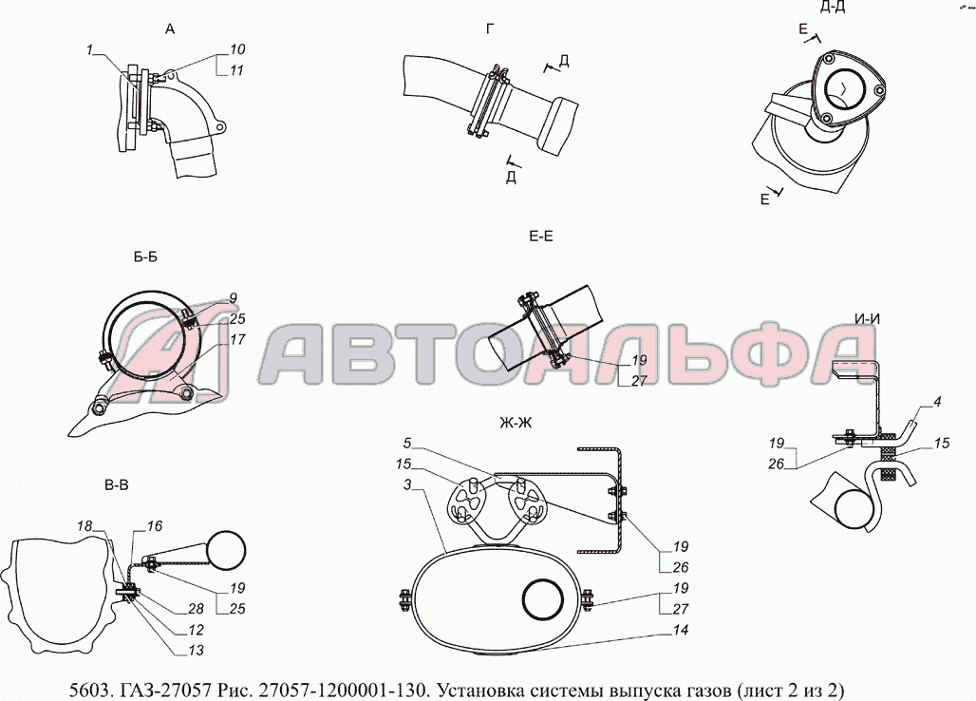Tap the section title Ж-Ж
click(x=515, y=424)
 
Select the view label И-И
click(x=868, y=319)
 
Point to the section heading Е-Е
click(x=540, y=236)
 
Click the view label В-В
click(x=116, y=485)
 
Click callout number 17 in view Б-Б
click(x=237, y=339)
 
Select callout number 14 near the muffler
click(x=681, y=630)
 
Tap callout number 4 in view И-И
click(x=937, y=402)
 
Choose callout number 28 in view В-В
click(x=197, y=608)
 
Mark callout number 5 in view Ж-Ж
click(x=407, y=444)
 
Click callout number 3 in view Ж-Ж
click(x=407, y=485)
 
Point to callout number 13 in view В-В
click(x=197, y=651)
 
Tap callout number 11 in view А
click(x=235, y=70)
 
